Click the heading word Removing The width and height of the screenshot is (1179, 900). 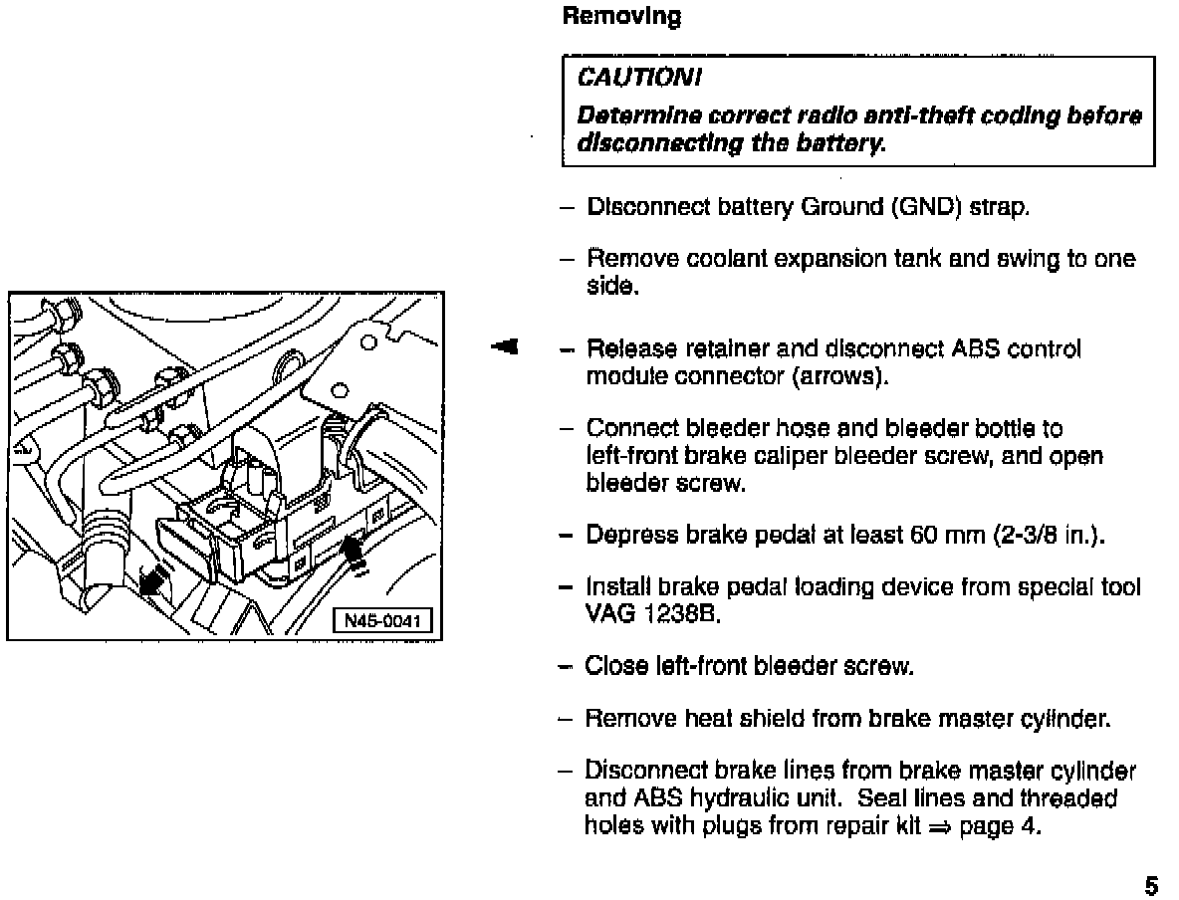(x=621, y=17)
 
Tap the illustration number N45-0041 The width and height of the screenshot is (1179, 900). (x=382, y=622)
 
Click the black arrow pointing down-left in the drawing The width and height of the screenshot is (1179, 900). (x=150, y=582)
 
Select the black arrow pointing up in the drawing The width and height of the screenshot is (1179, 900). (x=354, y=551)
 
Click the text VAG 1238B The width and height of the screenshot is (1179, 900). (x=652, y=614)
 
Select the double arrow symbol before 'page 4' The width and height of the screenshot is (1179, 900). (x=940, y=827)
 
